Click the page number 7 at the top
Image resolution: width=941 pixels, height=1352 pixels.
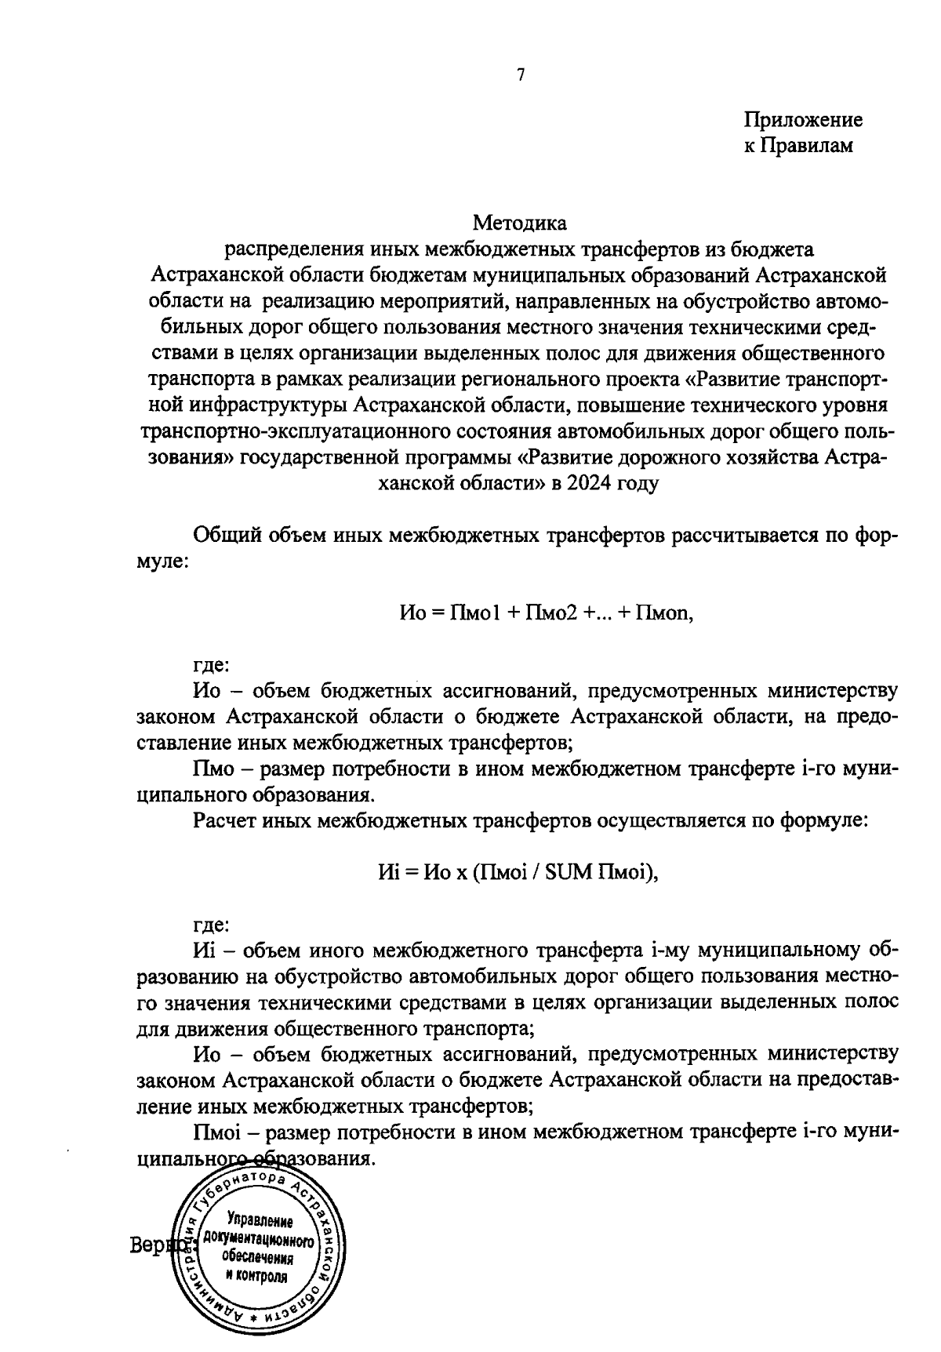(x=520, y=75)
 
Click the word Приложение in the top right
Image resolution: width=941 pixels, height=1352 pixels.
(x=803, y=120)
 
